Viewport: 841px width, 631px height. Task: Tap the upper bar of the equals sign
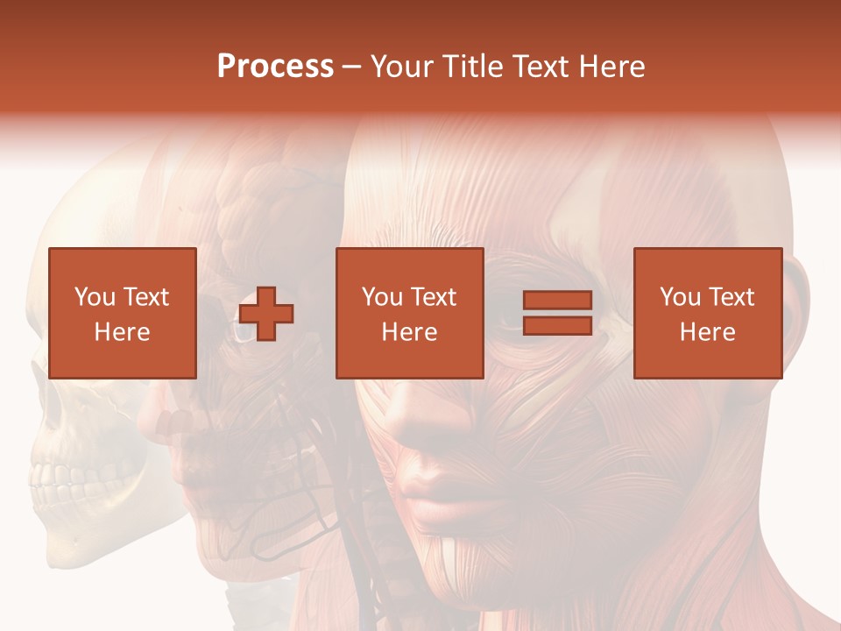557,301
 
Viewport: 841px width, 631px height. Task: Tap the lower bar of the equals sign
557,326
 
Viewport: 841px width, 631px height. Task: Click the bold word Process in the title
275,66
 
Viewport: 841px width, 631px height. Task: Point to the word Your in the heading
403,67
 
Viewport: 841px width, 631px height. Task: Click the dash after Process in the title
351,67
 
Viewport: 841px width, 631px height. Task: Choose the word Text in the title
543,67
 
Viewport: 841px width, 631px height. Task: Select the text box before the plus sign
122,313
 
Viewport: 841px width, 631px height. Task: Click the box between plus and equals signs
409,313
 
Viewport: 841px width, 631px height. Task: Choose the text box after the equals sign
707,313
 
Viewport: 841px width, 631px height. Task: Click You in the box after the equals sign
680,297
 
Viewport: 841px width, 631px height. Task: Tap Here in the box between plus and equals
409,331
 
